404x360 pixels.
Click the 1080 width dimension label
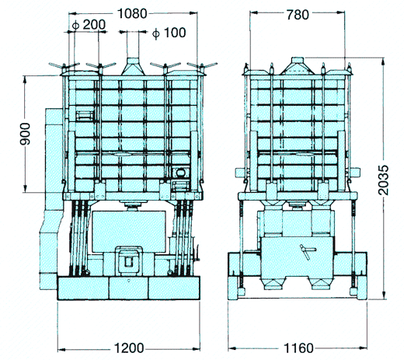point(132,13)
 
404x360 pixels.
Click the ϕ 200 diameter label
point(89,25)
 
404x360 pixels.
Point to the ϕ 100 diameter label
point(169,33)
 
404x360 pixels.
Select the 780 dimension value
point(298,15)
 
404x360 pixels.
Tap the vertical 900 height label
point(26,134)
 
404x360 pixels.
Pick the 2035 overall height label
point(383,180)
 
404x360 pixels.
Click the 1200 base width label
point(129,348)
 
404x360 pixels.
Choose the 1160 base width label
point(298,348)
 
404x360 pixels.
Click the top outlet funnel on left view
point(133,67)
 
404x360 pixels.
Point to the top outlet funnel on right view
point(298,66)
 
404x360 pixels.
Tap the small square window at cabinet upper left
point(85,116)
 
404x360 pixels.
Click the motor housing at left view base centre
point(129,260)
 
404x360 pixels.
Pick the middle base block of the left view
point(129,288)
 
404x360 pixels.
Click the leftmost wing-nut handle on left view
point(64,65)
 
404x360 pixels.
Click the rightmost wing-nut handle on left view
point(202,65)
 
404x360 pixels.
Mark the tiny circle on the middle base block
point(129,280)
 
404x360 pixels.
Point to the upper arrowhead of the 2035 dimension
point(384,61)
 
